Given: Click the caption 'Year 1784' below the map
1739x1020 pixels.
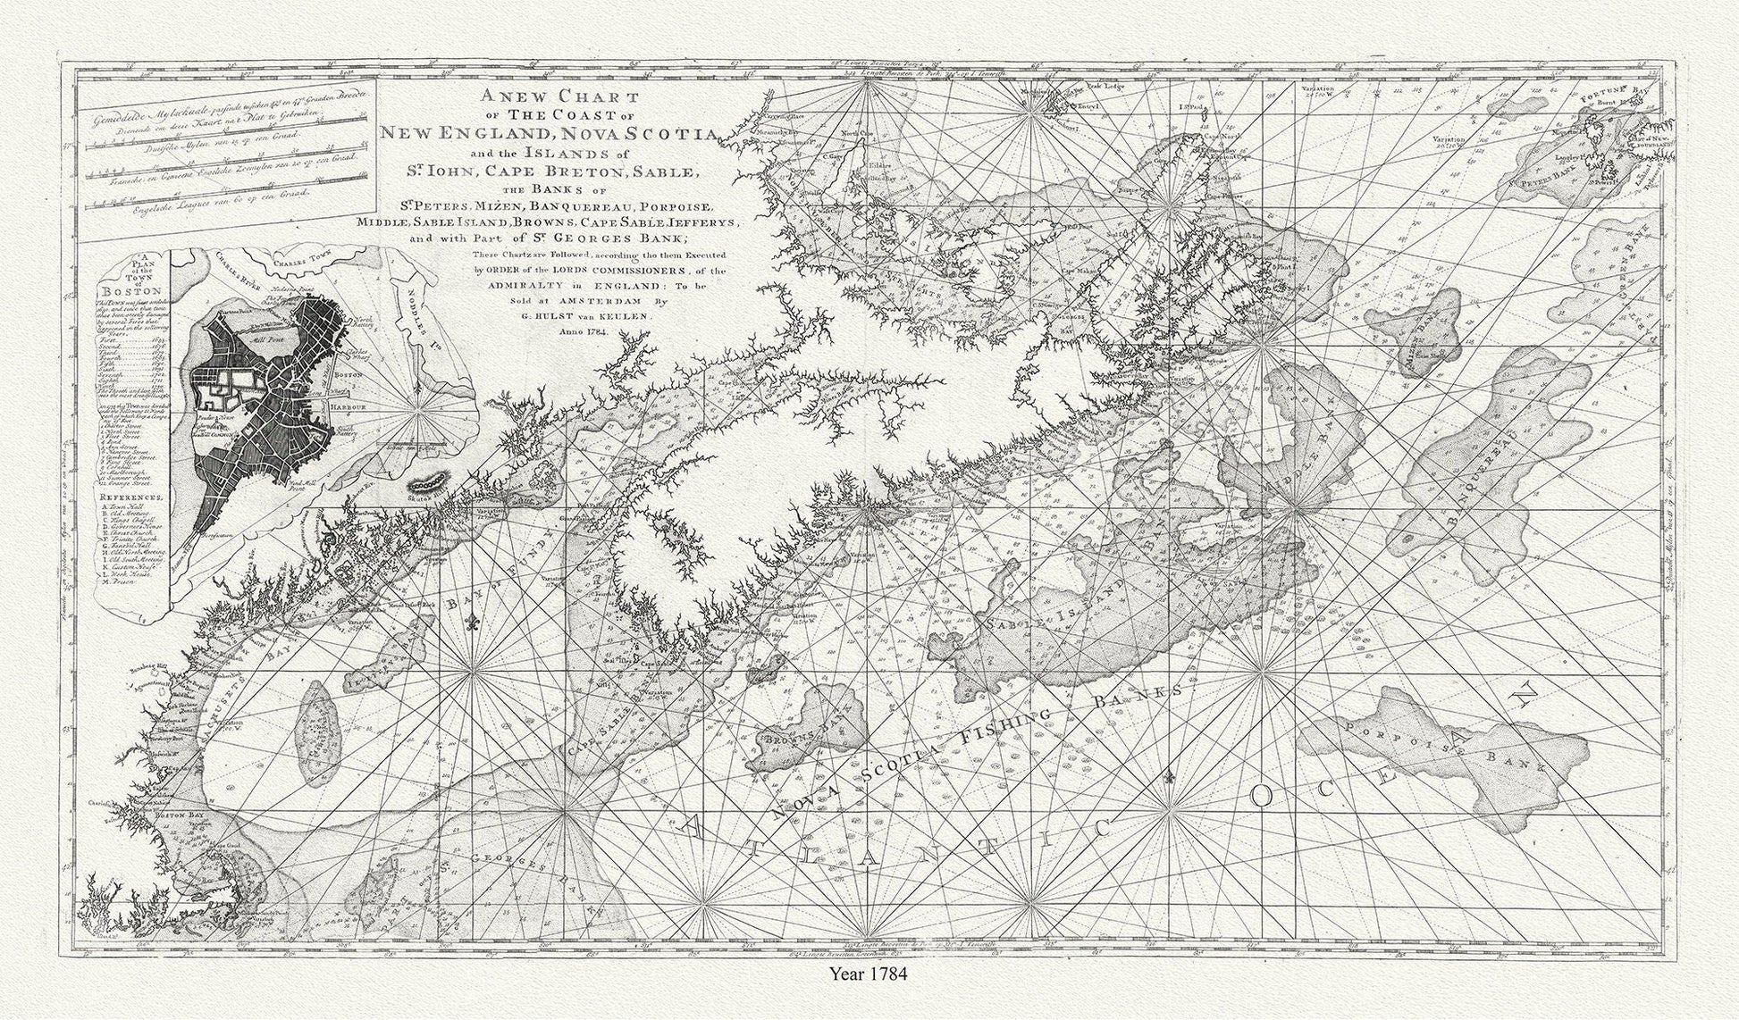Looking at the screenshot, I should coord(869,974).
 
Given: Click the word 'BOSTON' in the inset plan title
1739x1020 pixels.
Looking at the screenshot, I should coord(130,292).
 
